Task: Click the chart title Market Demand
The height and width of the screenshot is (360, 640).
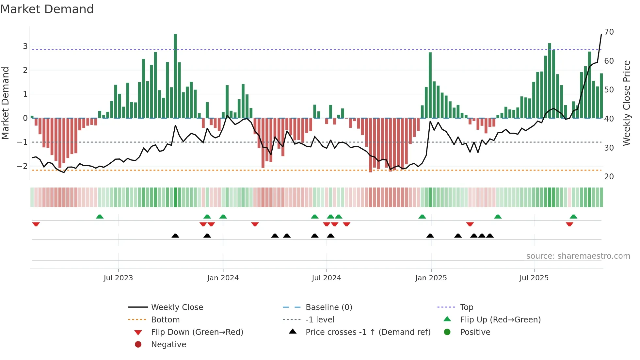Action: tap(47, 9)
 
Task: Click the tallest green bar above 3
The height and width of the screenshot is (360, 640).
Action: tap(175, 75)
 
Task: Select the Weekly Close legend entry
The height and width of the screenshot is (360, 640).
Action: tap(177, 307)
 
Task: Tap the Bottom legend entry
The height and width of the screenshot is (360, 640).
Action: tap(165, 320)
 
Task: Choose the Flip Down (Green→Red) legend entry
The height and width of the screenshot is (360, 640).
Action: tap(197, 332)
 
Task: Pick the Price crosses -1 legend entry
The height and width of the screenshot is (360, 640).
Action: tap(368, 332)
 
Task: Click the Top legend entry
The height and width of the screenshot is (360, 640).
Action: tap(466, 307)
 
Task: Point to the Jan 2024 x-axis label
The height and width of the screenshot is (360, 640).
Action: tap(223, 278)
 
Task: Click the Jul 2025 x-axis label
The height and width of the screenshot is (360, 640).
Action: tap(534, 278)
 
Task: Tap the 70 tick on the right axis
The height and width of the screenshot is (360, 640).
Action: tap(609, 32)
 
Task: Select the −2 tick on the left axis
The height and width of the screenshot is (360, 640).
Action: tap(23, 166)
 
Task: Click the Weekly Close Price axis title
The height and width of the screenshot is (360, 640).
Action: tap(627, 103)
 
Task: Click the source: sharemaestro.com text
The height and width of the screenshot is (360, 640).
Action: tap(578, 256)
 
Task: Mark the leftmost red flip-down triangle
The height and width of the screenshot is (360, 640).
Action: tap(36, 224)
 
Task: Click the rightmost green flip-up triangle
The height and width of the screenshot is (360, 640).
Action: tap(573, 216)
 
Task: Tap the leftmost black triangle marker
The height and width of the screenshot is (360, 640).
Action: tap(175, 236)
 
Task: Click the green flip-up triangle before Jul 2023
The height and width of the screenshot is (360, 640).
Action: tap(100, 216)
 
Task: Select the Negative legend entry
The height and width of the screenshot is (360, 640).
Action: tap(168, 345)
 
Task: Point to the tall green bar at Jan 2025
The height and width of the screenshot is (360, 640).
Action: tap(430, 85)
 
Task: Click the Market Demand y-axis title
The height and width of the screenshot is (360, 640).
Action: tap(6, 103)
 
